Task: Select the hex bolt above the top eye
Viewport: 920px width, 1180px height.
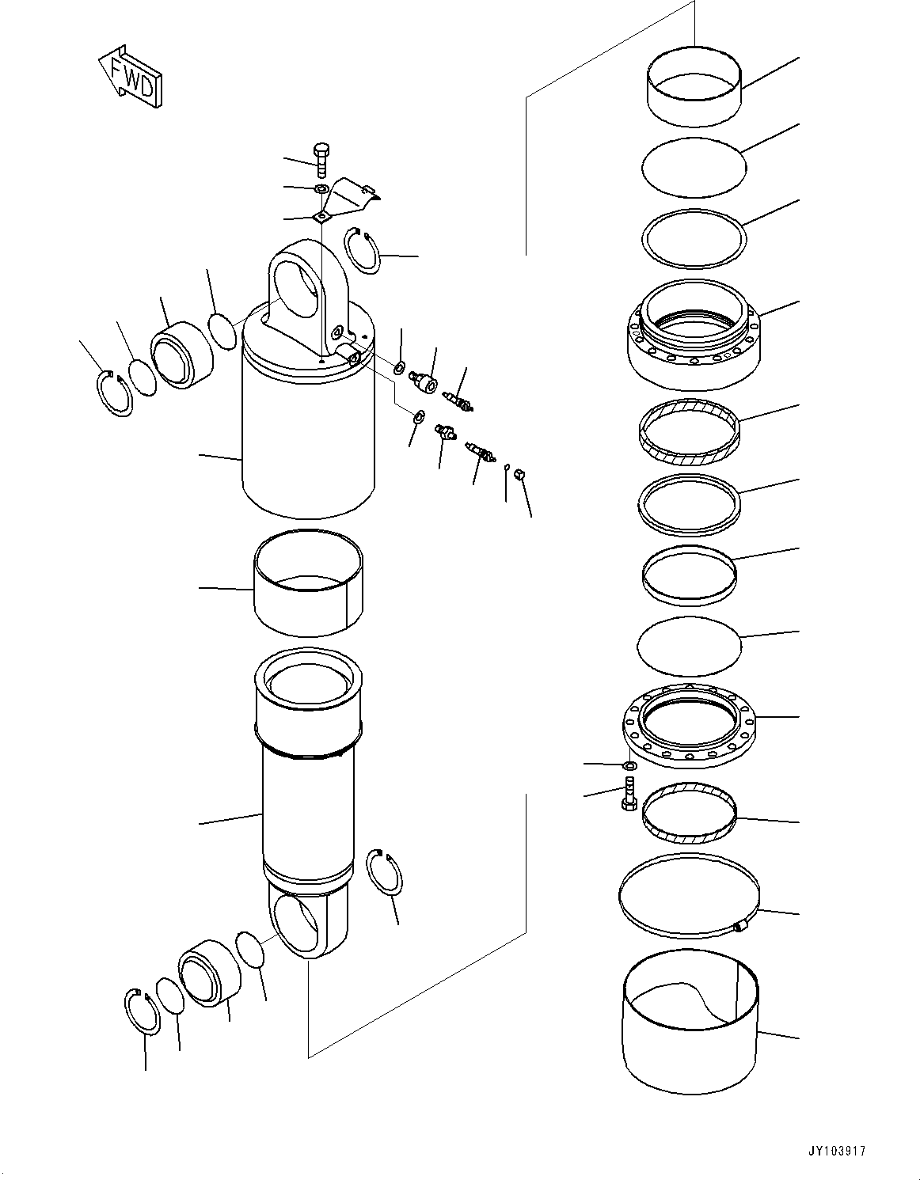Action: pyautogui.click(x=321, y=160)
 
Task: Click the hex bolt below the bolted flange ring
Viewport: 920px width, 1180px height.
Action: pyautogui.click(x=629, y=792)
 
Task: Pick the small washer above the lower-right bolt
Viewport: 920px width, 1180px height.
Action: pyautogui.click(x=628, y=765)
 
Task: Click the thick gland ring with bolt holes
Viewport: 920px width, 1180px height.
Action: pyautogui.click(x=693, y=336)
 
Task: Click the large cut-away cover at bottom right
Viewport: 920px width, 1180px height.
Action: pyautogui.click(x=689, y=1029)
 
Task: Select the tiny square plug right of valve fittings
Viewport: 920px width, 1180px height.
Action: pyautogui.click(x=520, y=474)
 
